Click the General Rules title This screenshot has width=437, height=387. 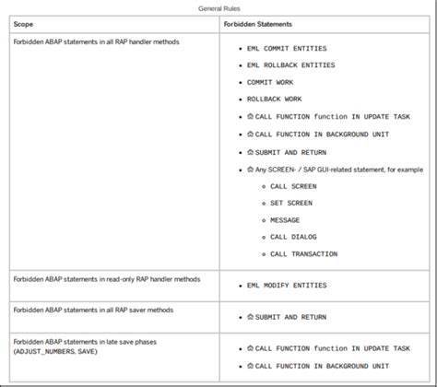pos(218,8)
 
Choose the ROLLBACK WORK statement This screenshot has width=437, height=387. pos(274,99)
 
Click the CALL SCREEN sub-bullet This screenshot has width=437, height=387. pos(293,186)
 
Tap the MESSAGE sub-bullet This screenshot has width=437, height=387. pos(286,220)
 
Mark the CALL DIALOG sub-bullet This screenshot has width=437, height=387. pos(293,237)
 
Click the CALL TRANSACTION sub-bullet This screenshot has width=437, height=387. pos(303,254)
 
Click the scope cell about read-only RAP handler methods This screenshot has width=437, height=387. pos(106,278)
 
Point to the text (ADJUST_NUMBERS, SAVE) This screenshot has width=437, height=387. pos(55,352)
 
